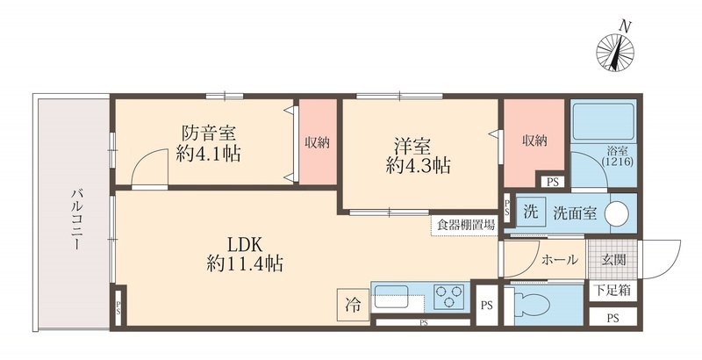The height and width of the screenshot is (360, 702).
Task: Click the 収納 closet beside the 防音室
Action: click(x=317, y=142)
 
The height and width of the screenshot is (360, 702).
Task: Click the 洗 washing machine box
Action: click(x=530, y=212)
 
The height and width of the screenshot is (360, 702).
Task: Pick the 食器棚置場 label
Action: click(x=464, y=225)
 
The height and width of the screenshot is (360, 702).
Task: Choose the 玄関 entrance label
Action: click(x=613, y=260)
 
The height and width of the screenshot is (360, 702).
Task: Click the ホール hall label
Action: click(x=559, y=260)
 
